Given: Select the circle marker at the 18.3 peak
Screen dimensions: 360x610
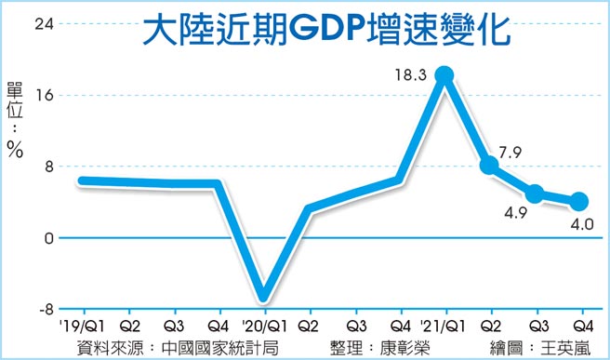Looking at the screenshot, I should point(444,75).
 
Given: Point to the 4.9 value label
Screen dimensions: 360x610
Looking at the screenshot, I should point(512,211).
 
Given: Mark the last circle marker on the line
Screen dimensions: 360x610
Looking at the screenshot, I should point(577,201).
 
